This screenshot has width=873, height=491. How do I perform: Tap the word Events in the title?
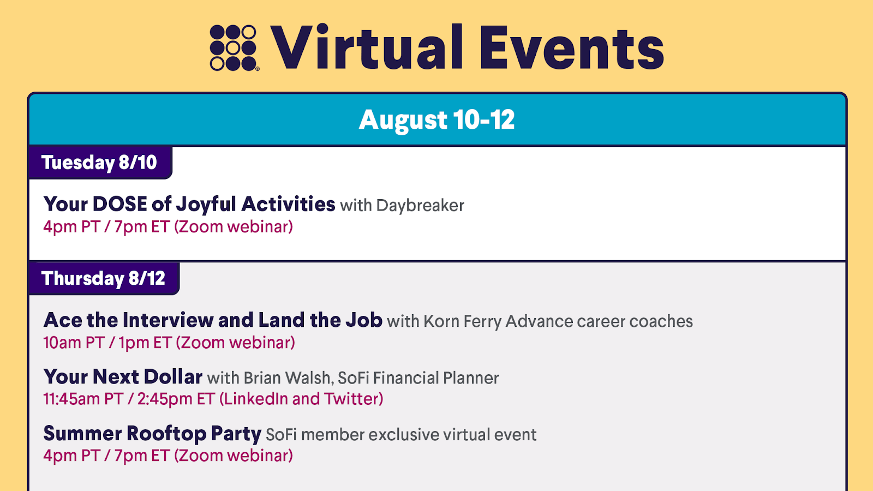point(572,48)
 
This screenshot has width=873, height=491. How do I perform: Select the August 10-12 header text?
point(436,119)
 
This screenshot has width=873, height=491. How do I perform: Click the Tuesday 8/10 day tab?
point(100,163)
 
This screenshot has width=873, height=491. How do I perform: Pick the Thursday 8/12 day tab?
point(104,278)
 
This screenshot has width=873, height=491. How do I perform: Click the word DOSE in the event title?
point(119,204)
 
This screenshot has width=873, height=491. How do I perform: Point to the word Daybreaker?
point(420,206)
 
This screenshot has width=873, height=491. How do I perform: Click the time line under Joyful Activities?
point(168,227)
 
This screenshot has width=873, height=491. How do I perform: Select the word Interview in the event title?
point(168,320)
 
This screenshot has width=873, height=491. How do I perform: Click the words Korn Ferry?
point(462,322)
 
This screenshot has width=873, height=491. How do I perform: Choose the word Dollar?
point(173,377)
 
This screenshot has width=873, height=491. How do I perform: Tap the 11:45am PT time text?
point(83,399)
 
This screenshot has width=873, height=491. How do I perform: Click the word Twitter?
point(351,399)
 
